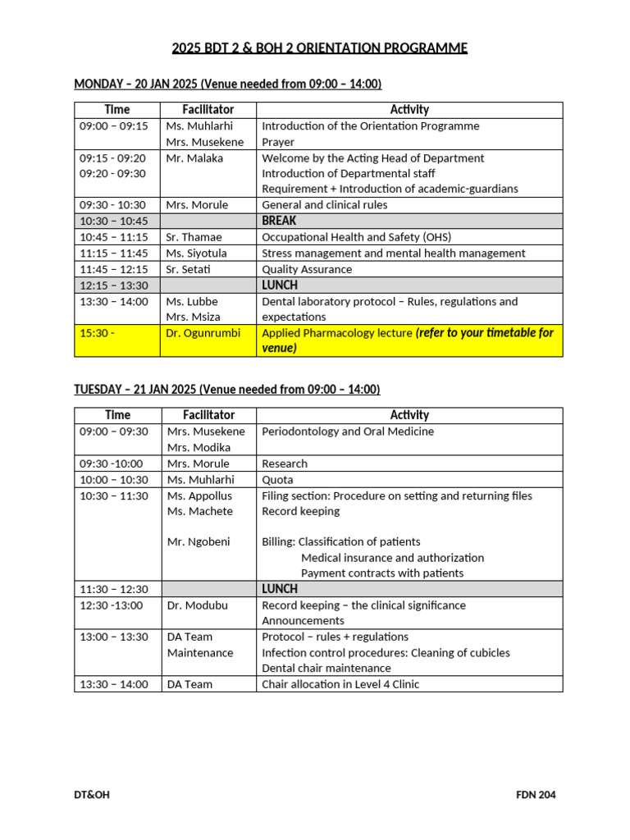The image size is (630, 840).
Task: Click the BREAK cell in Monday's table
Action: click(279, 221)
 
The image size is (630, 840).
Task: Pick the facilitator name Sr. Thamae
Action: click(194, 237)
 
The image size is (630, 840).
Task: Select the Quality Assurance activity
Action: click(307, 269)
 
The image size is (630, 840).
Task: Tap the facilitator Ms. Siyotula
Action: click(197, 253)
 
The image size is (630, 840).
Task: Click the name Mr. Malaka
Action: click(194, 158)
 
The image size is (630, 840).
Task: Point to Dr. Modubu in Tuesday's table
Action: click(198, 605)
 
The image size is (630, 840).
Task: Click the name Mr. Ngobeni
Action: click(199, 541)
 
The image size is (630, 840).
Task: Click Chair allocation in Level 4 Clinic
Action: click(340, 684)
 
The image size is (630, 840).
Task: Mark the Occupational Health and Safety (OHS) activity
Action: click(356, 237)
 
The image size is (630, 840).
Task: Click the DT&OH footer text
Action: click(93, 795)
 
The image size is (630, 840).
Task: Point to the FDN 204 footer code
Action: click(536, 795)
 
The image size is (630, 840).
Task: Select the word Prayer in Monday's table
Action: click(278, 143)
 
